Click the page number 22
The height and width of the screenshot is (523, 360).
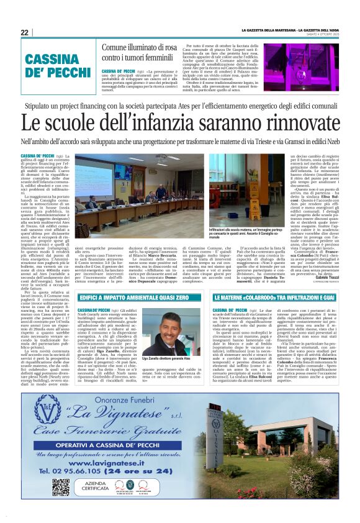coord(24,33)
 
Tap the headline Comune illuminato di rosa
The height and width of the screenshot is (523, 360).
coord(139,47)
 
